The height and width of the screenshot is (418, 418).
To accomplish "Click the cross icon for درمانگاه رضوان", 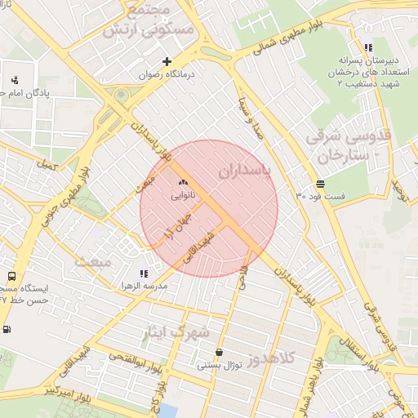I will pos(167,61).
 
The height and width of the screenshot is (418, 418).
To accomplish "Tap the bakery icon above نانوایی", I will pos(183,182).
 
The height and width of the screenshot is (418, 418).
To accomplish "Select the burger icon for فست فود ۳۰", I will pos(319,185).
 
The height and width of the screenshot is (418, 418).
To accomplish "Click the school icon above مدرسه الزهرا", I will pos(144,273).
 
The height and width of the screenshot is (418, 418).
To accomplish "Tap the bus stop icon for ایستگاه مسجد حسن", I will pos(11,277).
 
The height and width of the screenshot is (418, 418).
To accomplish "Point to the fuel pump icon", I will pos(7,329).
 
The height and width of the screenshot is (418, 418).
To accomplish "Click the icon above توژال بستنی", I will pos(218,353).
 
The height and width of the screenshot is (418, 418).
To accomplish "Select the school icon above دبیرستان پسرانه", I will pos(368,47).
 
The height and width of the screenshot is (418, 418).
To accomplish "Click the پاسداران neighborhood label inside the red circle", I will pos(244,171).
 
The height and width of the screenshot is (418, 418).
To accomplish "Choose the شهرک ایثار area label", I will pos(176,332).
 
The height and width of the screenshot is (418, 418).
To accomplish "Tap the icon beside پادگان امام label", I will pos(15,80).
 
